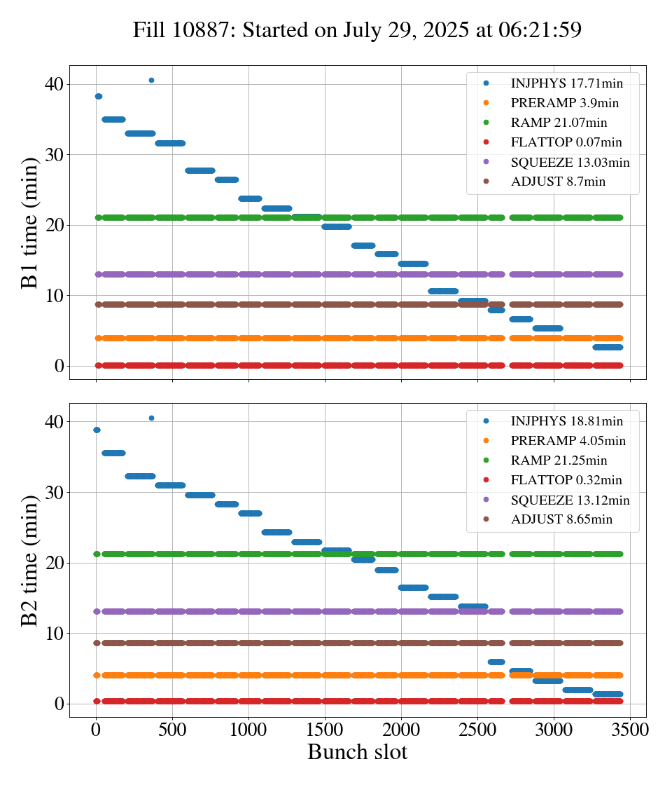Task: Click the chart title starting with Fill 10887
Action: [x=357, y=29]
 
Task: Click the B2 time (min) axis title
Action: [x=29, y=559]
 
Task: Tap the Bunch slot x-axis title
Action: [x=357, y=753]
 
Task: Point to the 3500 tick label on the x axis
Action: [x=630, y=729]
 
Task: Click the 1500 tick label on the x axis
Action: [x=325, y=729]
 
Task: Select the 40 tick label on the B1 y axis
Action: [x=54, y=84]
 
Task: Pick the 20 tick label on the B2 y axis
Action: [x=54, y=563]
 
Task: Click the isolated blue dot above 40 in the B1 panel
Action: [x=151, y=80]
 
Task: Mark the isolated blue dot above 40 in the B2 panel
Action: [x=151, y=418]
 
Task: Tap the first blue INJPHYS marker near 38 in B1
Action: [x=99, y=96]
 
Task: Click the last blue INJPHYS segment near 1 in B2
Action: [x=608, y=694]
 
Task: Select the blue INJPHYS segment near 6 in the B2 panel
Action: [x=496, y=662]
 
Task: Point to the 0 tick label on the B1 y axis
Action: [x=59, y=366]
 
